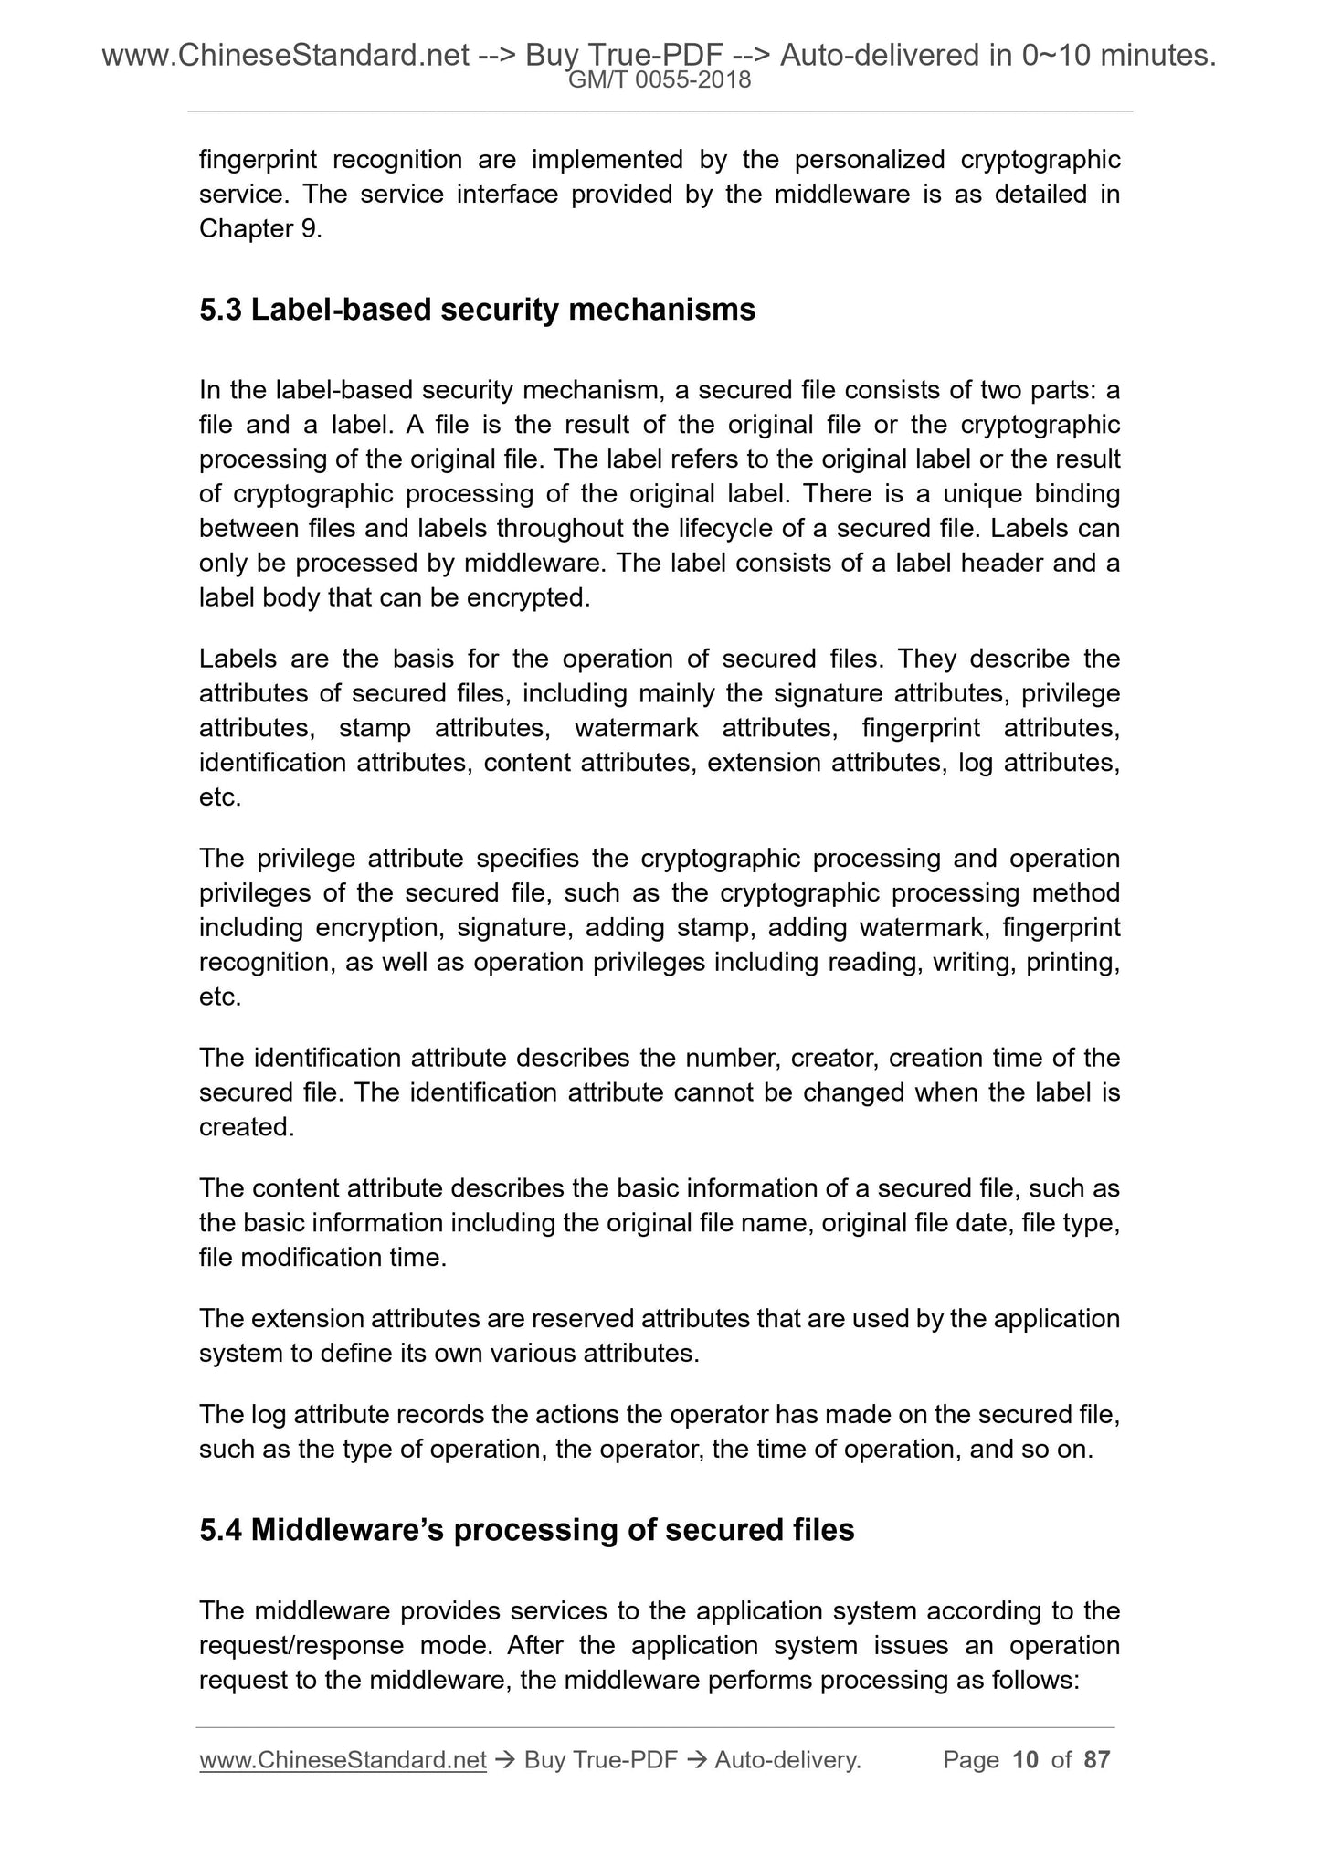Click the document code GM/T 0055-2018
coord(660,80)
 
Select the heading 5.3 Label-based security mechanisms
coord(477,311)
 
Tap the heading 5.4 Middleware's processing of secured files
coord(526,1530)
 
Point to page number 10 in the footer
coord(1026,1760)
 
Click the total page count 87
coord(1096,1760)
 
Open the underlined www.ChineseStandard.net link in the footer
coord(342,1760)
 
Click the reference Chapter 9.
coord(259,229)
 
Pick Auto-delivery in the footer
coord(787,1760)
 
